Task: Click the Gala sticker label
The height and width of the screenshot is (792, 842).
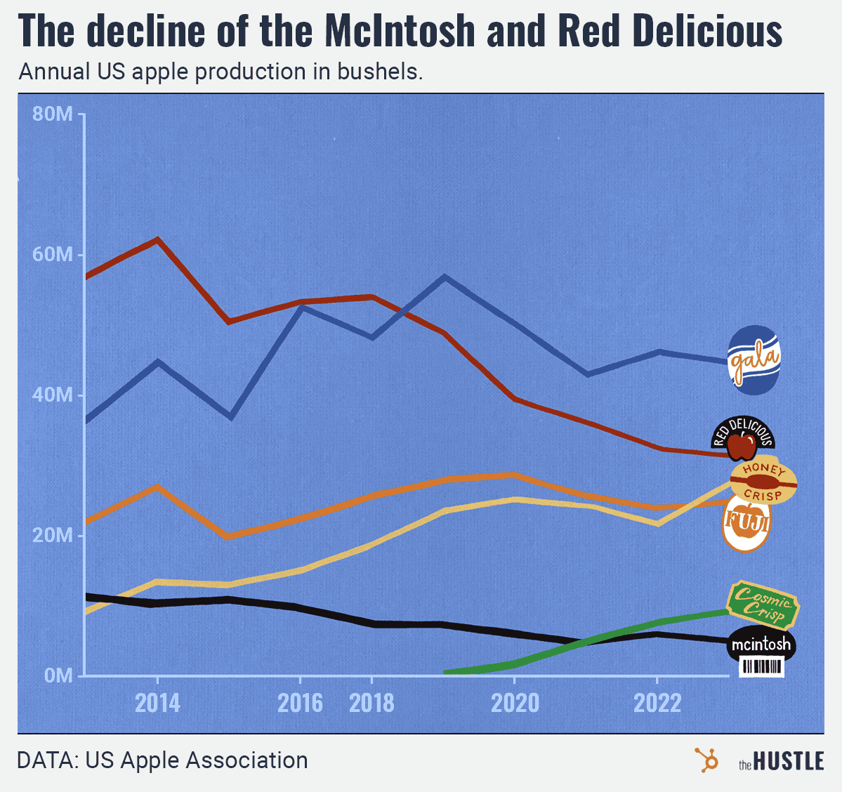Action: [754, 359]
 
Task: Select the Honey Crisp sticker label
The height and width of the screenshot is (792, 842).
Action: [763, 482]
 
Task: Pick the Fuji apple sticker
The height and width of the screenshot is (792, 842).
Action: [746, 524]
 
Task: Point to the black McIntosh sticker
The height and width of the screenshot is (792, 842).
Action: [761, 645]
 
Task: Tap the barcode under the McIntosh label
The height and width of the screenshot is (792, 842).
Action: [762, 667]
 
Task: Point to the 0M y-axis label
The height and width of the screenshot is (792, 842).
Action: [58, 675]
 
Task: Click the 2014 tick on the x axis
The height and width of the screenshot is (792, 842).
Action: [157, 702]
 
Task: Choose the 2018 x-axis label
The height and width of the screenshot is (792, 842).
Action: [371, 702]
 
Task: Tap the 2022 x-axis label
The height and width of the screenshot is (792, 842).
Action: [657, 702]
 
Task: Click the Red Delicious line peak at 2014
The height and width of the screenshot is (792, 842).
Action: [157, 239]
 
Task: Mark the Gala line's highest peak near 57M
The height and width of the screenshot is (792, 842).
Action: [444, 277]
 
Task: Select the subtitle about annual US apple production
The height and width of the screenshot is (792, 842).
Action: [221, 72]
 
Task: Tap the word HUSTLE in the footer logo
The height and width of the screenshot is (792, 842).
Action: [789, 761]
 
